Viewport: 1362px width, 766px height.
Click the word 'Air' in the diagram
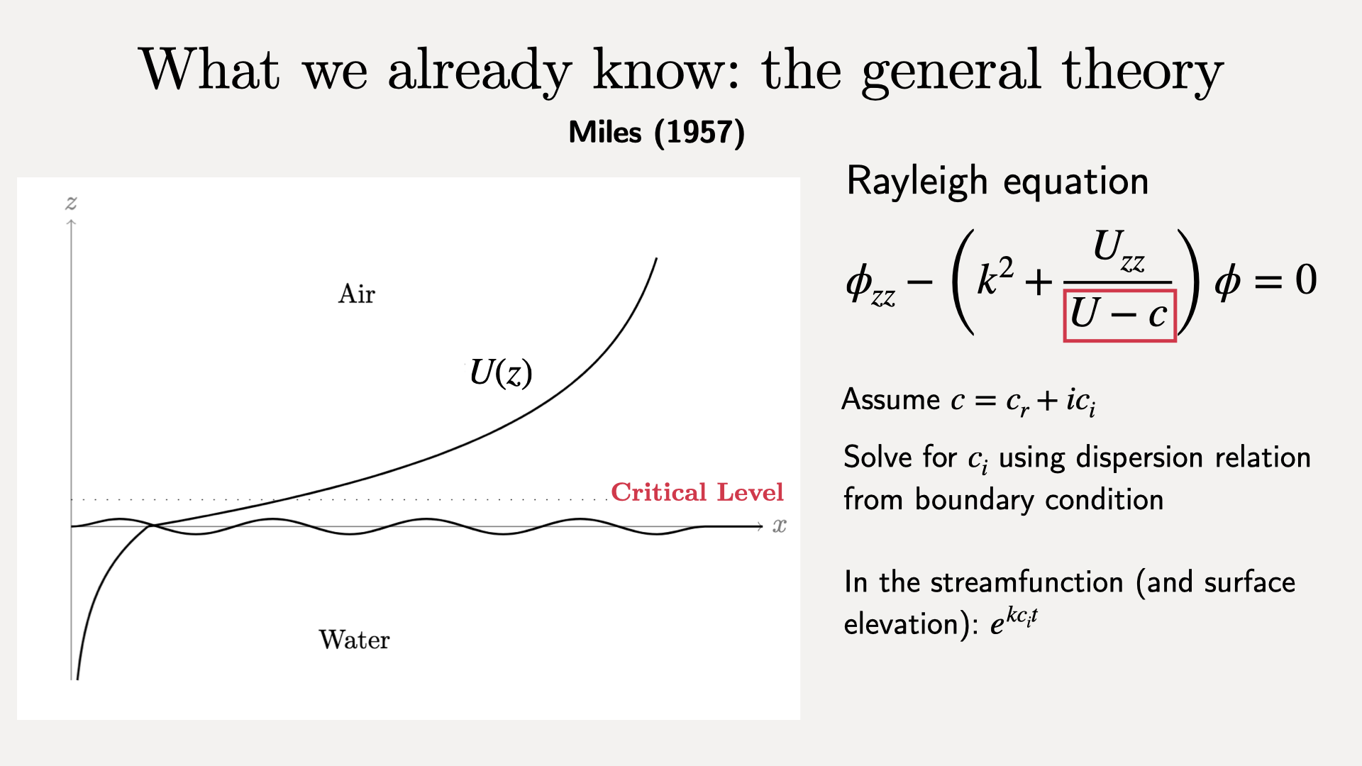coord(357,294)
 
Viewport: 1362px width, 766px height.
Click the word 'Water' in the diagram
coord(354,640)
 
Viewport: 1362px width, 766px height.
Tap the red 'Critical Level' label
coord(697,492)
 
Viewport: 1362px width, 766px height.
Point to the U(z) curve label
coord(501,372)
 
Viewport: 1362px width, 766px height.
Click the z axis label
coord(71,204)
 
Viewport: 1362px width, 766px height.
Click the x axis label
coord(780,526)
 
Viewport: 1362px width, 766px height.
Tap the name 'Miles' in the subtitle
coord(605,133)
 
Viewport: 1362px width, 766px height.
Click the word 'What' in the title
coord(210,69)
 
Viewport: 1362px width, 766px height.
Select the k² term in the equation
coord(995,276)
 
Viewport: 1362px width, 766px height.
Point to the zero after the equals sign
coord(1306,279)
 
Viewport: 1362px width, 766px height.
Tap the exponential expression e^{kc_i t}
coord(1014,621)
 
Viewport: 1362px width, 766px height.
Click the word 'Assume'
coord(890,400)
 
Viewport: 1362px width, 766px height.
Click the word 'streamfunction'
coord(1027,582)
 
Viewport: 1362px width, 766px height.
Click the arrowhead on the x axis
coord(760,526)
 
